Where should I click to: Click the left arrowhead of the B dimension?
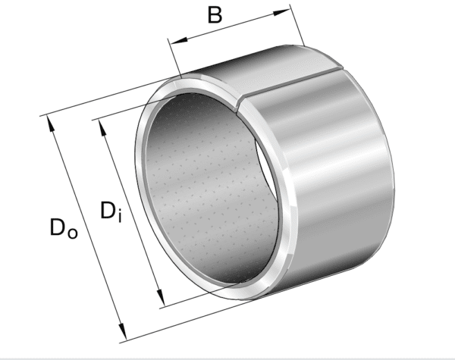[174, 44]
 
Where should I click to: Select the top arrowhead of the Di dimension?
[102, 124]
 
